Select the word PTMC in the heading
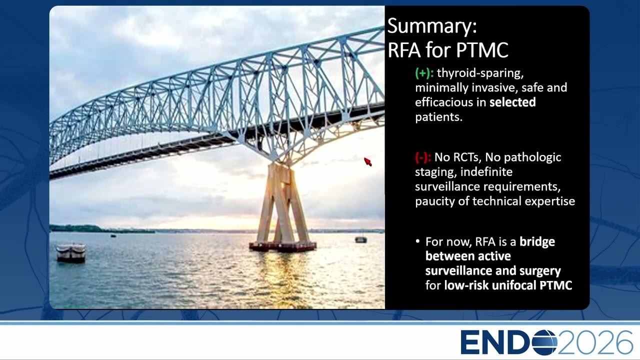pos(482,50)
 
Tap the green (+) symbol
pos(424,73)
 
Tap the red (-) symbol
pos(423,157)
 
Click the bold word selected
pos(512,102)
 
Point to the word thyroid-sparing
pos(480,73)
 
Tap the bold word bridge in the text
pos(537,242)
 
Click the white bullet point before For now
pos(417,241)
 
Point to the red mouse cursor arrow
pos(367,161)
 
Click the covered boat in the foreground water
pos(71,252)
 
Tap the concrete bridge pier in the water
pos(282,207)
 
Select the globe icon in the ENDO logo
pos(545,342)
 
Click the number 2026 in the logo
pos(595,342)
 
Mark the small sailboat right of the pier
pos(361,239)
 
